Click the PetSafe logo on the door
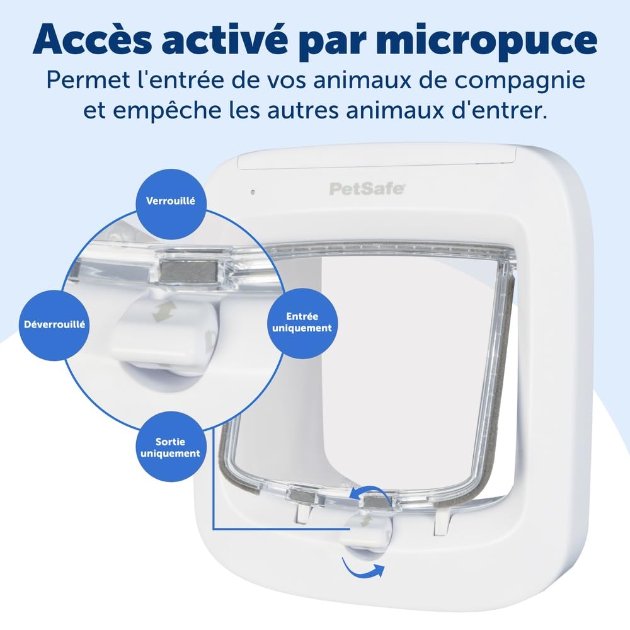tap(367, 188)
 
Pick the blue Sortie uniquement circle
tap(170, 447)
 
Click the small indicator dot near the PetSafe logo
tap(251, 192)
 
